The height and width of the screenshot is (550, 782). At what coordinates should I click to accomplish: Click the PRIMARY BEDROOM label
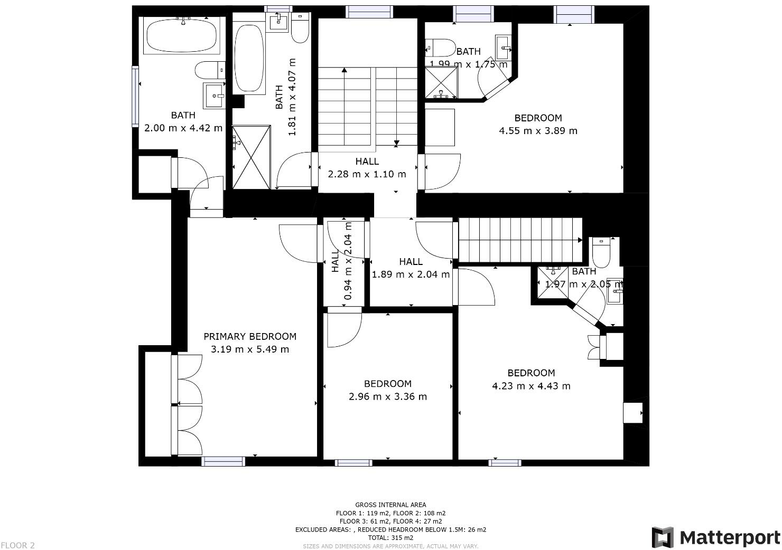(250, 336)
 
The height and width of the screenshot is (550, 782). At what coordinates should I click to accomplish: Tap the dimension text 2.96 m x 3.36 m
(388, 396)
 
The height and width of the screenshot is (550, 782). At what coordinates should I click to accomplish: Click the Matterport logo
(716, 537)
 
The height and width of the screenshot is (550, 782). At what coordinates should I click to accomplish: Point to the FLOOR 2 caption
(17, 545)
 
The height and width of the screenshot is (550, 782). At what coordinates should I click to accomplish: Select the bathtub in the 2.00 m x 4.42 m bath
(181, 35)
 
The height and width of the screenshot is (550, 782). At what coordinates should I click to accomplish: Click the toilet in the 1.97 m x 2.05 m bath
(601, 253)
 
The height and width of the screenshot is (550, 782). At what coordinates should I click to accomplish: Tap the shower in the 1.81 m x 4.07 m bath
(252, 157)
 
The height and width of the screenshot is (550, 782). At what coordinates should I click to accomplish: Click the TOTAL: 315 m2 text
(390, 537)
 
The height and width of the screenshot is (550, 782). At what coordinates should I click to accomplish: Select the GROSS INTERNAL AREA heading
(390, 505)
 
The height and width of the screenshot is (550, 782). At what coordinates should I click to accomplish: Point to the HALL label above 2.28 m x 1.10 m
(367, 162)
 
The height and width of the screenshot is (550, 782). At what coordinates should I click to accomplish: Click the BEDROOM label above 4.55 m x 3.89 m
(538, 118)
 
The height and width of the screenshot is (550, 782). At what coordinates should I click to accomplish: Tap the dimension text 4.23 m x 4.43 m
(531, 386)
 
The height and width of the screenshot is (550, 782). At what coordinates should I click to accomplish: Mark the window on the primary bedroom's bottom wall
(224, 461)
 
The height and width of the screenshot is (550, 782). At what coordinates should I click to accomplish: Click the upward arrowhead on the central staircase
(345, 70)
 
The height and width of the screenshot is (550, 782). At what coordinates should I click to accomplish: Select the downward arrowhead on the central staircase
(396, 143)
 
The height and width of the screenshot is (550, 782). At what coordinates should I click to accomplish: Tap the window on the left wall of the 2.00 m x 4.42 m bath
(135, 96)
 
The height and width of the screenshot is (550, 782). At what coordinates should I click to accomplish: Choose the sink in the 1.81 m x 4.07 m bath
(278, 23)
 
